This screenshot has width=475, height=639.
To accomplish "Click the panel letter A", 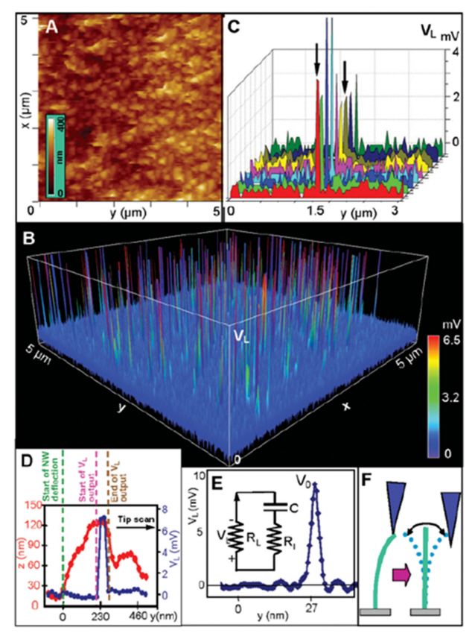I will pyautogui.click(x=52, y=27).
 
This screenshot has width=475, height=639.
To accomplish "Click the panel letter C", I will pyautogui.click(x=235, y=28).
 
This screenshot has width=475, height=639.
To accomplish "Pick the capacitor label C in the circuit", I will pyautogui.click(x=293, y=507).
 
